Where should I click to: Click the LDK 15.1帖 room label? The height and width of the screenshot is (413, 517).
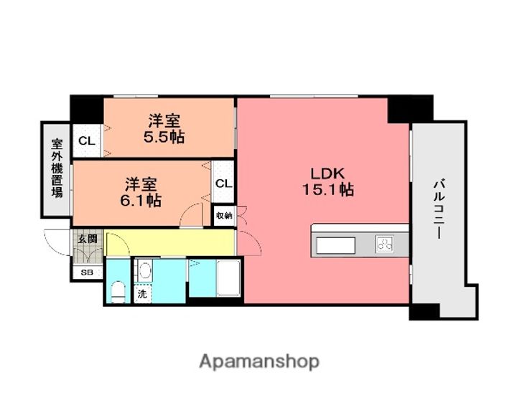click(328, 182)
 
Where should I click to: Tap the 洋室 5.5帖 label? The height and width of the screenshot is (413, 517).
click(164, 128)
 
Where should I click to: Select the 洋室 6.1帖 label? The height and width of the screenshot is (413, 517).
click(141, 192)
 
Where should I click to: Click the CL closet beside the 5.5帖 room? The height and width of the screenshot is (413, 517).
click(87, 141)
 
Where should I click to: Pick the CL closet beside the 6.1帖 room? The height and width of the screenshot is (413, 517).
click(223, 183)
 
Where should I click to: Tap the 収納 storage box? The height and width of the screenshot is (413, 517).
click(224, 216)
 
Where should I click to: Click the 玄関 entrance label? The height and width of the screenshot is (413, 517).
click(88, 239)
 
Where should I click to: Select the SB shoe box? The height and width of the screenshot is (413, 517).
click(87, 272)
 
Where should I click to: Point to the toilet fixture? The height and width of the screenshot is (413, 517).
click(118, 292)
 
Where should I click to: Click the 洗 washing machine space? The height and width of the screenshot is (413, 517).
click(142, 294)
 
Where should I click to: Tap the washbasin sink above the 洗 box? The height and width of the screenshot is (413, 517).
click(144, 271)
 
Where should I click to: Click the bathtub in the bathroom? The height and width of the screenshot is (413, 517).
click(228, 278)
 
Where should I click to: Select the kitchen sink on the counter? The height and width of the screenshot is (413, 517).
click(335, 245)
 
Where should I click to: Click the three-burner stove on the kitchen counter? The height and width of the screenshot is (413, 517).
click(384, 245)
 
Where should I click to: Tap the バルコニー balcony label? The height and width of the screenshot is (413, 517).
click(439, 209)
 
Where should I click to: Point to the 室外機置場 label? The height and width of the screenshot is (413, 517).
click(57, 168)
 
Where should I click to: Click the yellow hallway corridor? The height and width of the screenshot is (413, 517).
click(169, 243)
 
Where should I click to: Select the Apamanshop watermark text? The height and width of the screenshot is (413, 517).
click(259, 362)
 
